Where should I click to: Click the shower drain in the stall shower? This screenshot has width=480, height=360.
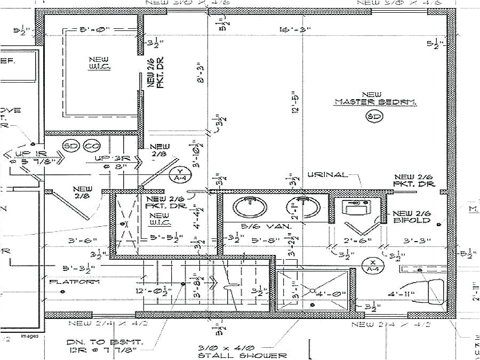[312, 291]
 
